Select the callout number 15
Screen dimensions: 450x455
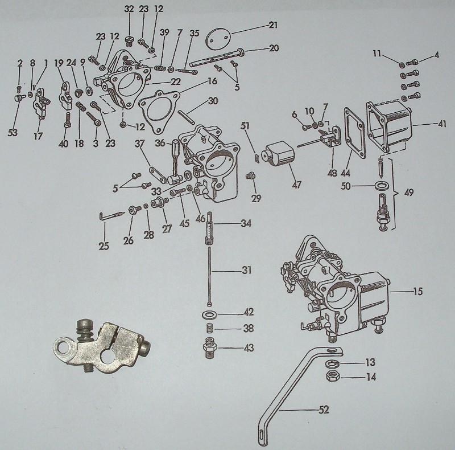(x=417, y=292)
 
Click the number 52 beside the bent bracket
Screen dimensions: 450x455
(x=324, y=409)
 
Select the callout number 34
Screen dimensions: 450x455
(x=246, y=223)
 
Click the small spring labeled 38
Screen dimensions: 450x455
(x=209, y=329)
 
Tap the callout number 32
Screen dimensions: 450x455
(x=129, y=9)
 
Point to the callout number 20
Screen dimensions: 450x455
(x=273, y=48)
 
